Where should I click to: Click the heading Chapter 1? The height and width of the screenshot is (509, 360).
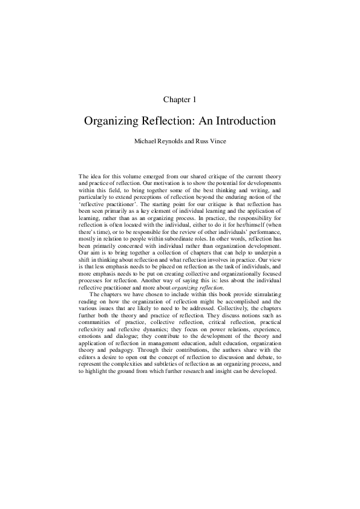point(180,98)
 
